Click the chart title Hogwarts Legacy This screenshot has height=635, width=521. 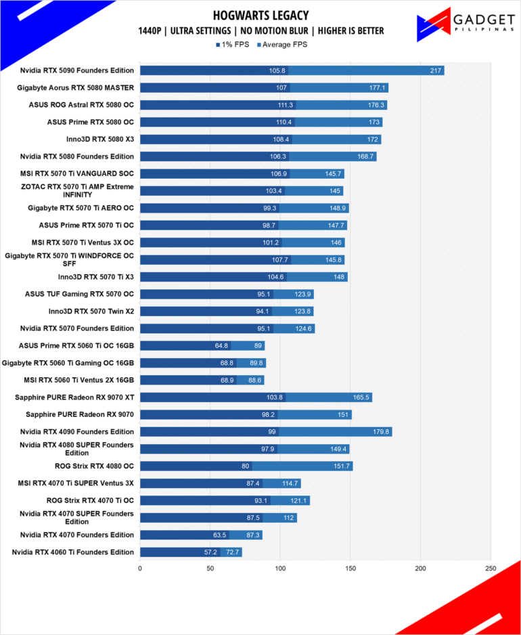point(260,16)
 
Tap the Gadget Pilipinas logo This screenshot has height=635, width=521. point(466,24)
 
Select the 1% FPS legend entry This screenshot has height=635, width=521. point(233,45)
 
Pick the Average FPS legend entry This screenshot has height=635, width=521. point(282,45)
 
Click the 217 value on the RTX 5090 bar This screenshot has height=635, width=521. point(436,70)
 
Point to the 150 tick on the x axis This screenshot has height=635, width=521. point(350,569)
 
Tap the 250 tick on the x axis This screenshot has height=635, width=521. point(491,569)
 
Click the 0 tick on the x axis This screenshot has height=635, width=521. point(140,569)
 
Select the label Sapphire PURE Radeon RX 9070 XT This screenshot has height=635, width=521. point(74,397)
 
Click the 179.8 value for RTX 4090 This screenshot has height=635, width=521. point(381,432)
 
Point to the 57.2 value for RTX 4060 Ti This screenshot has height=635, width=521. point(210,552)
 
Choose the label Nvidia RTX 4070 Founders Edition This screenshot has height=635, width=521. point(77,535)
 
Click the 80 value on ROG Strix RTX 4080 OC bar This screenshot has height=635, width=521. point(246,466)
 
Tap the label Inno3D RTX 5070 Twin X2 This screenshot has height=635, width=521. point(91,311)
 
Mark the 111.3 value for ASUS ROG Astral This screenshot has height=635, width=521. point(286,105)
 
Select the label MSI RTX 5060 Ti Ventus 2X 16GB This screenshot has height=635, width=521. point(79,380)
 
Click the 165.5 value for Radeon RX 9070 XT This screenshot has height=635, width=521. point(361,397)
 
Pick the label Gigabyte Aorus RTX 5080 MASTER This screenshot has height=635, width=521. point(75,87)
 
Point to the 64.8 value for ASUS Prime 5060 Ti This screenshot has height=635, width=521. point(221,346)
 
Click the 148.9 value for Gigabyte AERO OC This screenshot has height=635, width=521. point(338,208)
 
